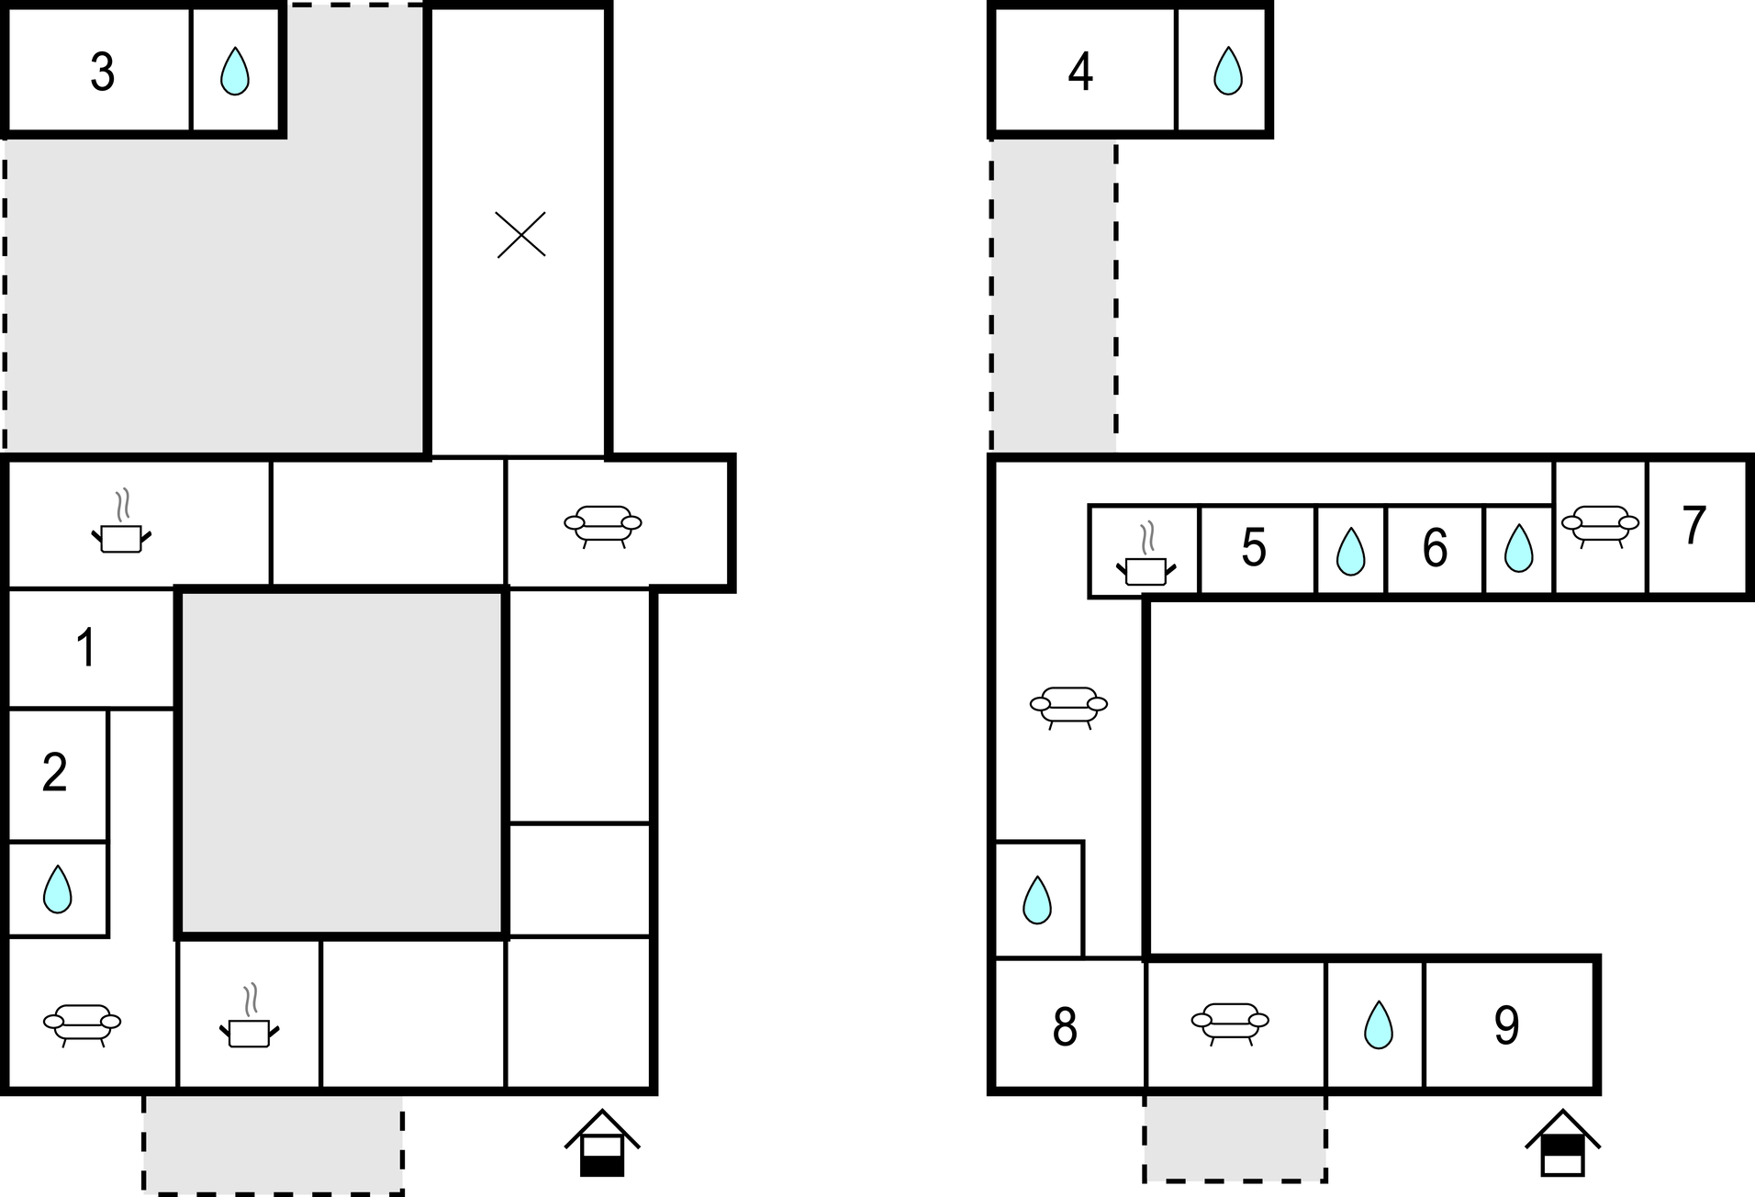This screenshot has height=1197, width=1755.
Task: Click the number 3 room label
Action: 102,72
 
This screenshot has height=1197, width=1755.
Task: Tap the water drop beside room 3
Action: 235,72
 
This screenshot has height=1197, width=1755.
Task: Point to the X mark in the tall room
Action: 520,234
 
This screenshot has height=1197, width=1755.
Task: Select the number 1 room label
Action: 86,648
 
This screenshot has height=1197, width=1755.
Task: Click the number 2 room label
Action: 55,773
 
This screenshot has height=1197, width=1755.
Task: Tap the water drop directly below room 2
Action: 58,889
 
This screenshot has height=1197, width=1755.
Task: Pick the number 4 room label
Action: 1080,72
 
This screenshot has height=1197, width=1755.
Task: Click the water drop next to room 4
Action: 1227,72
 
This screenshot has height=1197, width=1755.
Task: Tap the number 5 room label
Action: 1254,549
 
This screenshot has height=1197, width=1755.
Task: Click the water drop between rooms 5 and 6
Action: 1349,553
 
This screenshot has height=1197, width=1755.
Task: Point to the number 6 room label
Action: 1435,549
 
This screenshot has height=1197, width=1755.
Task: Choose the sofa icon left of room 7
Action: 1600,526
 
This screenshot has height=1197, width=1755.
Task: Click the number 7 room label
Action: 1694,526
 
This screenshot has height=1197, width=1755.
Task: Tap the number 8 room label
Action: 1065,1027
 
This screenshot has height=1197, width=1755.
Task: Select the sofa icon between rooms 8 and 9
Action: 1230,1023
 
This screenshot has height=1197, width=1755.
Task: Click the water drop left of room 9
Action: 1378,1024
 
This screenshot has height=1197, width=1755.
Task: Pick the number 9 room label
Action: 1506,1025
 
